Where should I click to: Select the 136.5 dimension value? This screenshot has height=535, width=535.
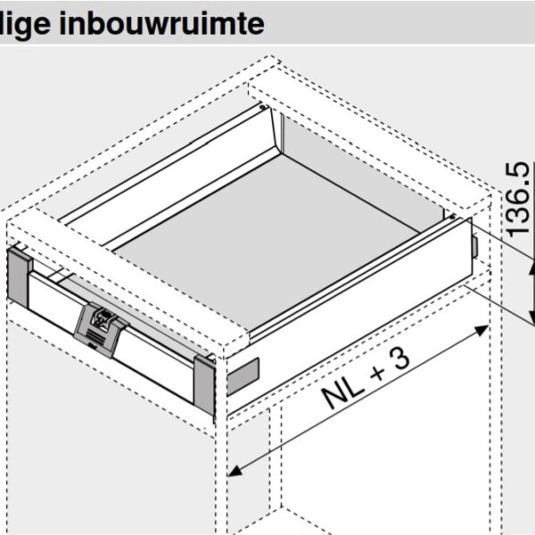pos(519,197)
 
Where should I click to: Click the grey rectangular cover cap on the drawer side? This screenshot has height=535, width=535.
pos(242,377)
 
